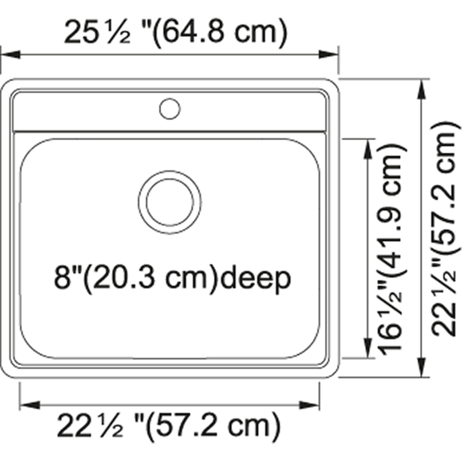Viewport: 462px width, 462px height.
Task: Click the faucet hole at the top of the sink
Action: pos(170,109)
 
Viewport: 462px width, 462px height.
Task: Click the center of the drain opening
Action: pos(170,202)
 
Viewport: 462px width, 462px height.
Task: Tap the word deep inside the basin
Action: pos(256,278)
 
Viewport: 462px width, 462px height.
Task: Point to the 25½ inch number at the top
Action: pos(97,32)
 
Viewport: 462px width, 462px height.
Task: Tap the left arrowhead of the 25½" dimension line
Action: pos(11,54)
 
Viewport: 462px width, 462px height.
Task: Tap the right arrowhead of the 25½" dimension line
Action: pos(329,54)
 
